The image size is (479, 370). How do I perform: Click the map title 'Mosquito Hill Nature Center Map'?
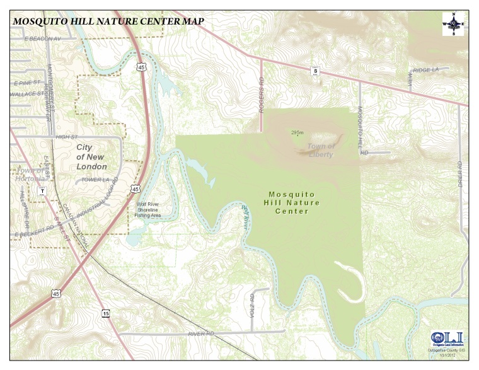tap(108, 20)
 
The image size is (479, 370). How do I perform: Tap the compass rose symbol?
tap(453, 24)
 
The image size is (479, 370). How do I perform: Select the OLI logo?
tap(446, 338)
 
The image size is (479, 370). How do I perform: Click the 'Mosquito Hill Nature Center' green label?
tap(294, 203)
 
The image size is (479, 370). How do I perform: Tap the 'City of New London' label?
tap(91, 157)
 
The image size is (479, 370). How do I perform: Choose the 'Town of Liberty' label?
tap(321, 151)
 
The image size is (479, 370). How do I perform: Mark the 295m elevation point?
tap(297, 134)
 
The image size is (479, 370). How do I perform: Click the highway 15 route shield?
tap(105, 313)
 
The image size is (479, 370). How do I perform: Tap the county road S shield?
tap(315, 71)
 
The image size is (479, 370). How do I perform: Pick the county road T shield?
tap(42, 191)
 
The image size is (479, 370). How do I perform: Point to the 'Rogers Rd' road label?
tap(261, 92)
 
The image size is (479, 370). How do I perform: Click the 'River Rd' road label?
tap(201, 333)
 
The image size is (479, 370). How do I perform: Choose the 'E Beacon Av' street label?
tap(42, 39)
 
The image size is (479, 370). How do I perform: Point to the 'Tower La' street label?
tap(95, 180)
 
